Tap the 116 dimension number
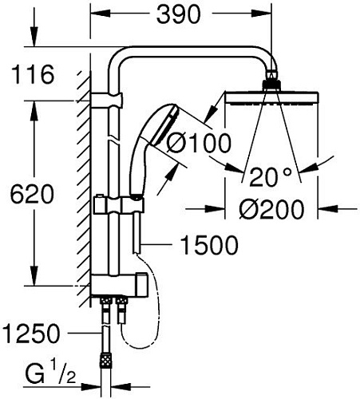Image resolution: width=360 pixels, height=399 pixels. (33, 77)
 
